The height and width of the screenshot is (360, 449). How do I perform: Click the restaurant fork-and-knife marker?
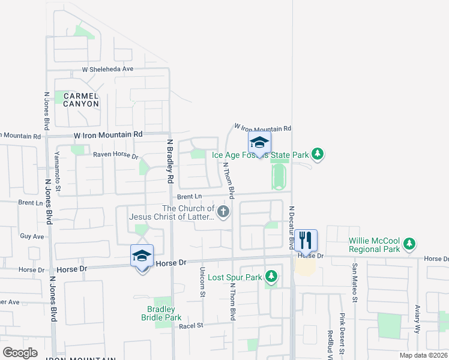pos(306,241)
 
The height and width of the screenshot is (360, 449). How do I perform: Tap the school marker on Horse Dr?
pos(142,256)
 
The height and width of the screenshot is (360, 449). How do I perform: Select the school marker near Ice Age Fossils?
pos(259,143)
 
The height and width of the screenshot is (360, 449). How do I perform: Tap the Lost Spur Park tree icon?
pos(271,276)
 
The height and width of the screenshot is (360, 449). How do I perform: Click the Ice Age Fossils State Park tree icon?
pos(318,155)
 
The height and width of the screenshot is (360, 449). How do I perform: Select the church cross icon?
pos(223,211)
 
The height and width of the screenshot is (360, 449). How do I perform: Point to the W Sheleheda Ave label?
pos(107,69)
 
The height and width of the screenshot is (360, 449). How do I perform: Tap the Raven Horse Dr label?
pos(115,156)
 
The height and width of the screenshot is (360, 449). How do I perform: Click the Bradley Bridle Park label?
pos(161,313)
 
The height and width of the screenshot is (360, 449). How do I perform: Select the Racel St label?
pos(192,326)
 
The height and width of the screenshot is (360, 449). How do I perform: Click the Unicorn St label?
pos(202,281)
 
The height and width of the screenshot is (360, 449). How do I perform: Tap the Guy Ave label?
pos(32,236)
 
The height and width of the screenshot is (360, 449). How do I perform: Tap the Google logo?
pos(20,353)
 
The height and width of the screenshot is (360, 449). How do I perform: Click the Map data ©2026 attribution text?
pos(423,355)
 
